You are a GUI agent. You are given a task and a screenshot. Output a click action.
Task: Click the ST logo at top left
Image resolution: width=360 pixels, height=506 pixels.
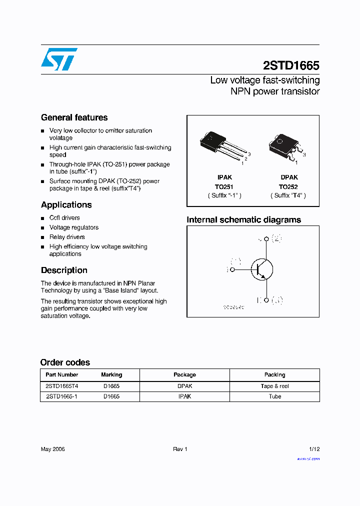pyautogui.click(x=58, y=59)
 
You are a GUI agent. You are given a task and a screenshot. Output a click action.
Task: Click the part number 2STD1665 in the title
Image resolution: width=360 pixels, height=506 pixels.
pyautogui.click(x=291, y=66)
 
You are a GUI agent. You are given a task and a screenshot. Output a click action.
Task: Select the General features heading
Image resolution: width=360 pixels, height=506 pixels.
pyautogui.click(x=74, y=117)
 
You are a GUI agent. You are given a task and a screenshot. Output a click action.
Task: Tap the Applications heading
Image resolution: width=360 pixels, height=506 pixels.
pyautogui.click(x=66, y=204)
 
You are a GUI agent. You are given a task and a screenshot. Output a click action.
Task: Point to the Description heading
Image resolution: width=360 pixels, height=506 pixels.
pyautogui.click(x=64, y=270)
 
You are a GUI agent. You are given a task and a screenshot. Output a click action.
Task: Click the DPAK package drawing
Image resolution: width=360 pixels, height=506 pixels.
pyautogui.click(x=285, y=145)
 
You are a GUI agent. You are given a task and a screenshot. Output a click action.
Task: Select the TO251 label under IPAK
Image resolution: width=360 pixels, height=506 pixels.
pyautogui.click(x=224, y=186)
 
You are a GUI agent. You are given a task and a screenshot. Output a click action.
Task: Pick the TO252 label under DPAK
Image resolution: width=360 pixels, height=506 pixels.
pyautogui.click(x=289, y=186)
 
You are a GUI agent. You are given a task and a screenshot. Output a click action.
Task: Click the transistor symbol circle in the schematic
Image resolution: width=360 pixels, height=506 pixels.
pyautogui.click(x=261, y=269)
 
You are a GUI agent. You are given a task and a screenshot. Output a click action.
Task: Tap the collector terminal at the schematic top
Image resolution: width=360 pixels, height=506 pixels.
pyautogui.click(x=266, y=239)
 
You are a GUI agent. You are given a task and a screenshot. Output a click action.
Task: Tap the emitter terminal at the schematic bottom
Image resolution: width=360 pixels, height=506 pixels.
pyautogui.click(x=266, y=300)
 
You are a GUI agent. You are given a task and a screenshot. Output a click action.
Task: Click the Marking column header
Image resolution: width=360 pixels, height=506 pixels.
pyautogui.click(x=111, y=374)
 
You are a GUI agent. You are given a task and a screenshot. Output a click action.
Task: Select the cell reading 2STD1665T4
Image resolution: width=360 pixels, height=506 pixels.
pyautogui.click(x=62, y=386)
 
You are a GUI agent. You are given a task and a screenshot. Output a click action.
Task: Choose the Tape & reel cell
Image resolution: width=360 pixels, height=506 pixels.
pyautogui.click(x=274, y=386)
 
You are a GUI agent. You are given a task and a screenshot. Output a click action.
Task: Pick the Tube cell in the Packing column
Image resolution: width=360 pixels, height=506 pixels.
pyautogui.click(x=274, y=396)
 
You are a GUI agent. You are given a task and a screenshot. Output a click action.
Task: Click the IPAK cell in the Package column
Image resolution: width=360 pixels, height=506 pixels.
pyautogui.click(x=184, y=396)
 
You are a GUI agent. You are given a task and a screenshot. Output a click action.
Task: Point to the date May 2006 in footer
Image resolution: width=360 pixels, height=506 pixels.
pyautogui.click(x=52, y=449)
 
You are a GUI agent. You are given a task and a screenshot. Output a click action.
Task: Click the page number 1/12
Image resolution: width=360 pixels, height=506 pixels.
pyautogui.click(x=314, y=449)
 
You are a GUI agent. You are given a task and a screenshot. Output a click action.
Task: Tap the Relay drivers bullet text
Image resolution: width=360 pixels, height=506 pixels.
pyautogui.click(x=67, y=237)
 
